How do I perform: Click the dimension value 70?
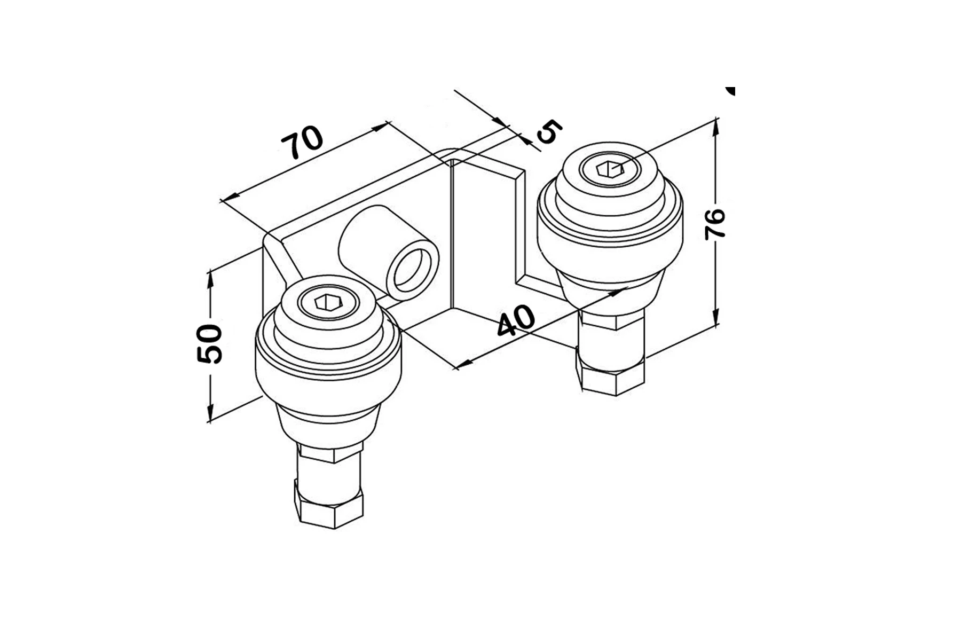[302, 143]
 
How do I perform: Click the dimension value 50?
[209, 344]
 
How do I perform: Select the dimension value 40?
[516, 320]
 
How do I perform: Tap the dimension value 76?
[715, 224]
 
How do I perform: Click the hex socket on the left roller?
[328, 303]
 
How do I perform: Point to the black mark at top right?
[731, 91]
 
